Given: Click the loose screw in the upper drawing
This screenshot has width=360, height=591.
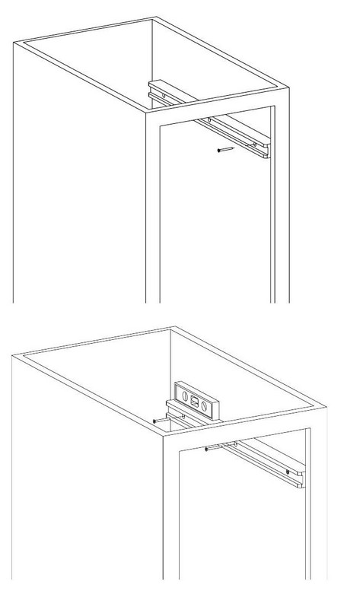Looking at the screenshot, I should point(223,150).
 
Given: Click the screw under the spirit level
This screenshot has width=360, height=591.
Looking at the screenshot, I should point(158,418).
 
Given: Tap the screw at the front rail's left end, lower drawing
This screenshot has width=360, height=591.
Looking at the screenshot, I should point(209,450).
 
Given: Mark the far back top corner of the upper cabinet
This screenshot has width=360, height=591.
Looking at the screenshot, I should point(151,19).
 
